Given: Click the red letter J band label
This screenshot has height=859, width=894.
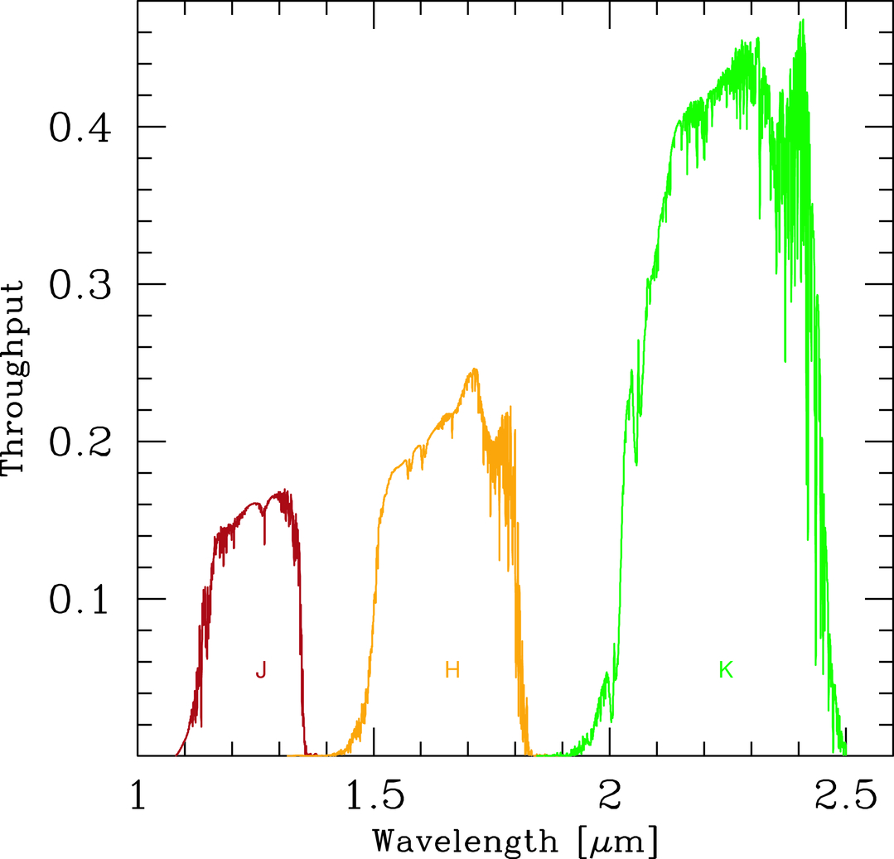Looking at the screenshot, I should (261, 671).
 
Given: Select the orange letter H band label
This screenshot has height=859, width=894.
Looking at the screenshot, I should (452, 670).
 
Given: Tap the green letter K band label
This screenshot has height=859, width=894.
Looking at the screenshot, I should (726, 670).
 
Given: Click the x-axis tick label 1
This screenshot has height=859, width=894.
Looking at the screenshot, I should (138, 797).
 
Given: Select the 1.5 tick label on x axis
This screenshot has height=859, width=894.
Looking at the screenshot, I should (375, 797).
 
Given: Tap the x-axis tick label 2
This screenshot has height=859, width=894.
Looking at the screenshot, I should (611, 797).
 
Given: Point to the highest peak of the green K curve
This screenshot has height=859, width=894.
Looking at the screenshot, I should (801, 21).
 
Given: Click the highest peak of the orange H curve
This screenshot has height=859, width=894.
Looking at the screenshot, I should (475, 369).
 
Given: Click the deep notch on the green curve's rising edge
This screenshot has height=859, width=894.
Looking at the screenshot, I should (635, 464).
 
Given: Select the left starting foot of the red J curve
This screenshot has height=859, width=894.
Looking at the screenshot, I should (176, 754).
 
